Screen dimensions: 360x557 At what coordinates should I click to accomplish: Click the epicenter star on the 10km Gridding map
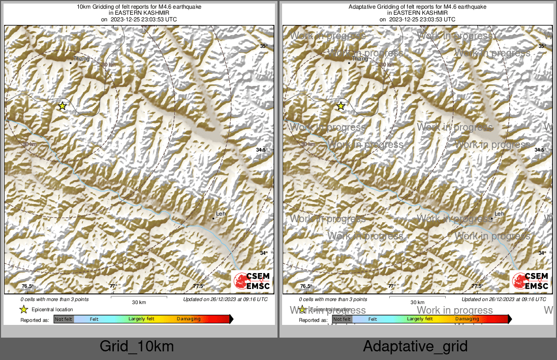(x=62, y=106)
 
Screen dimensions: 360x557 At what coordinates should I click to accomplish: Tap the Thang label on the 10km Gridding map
(x=81, y=59)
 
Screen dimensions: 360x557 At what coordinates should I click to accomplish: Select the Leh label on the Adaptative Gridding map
(x=499, y=214)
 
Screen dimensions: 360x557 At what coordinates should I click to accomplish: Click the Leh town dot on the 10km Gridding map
(x=213, y=219)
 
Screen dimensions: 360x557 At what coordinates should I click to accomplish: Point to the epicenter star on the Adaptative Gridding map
(x=341, y=106)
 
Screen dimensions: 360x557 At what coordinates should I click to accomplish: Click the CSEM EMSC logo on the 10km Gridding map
(x=252, y=281)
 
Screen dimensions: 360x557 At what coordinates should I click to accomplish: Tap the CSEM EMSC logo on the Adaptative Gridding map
(x=530, y=281)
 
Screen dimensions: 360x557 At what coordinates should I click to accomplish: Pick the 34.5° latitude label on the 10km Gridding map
(x=262, y=150)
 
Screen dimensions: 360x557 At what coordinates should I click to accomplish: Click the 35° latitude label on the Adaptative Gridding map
(x=542, y=46)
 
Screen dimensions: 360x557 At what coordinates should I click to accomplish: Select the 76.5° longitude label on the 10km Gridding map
(x=27, y=286)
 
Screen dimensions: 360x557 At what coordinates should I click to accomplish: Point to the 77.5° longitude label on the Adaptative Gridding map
(x=476, y=286)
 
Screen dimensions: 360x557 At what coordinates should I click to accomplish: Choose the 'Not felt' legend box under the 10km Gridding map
(x=64, y=319)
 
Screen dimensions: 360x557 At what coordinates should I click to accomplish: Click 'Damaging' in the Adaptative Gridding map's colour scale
(x=467, y=319)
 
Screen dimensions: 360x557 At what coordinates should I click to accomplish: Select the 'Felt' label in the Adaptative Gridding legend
(x=373, y=319)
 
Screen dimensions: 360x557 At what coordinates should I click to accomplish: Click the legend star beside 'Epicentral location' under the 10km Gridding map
(x=23, y=310)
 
